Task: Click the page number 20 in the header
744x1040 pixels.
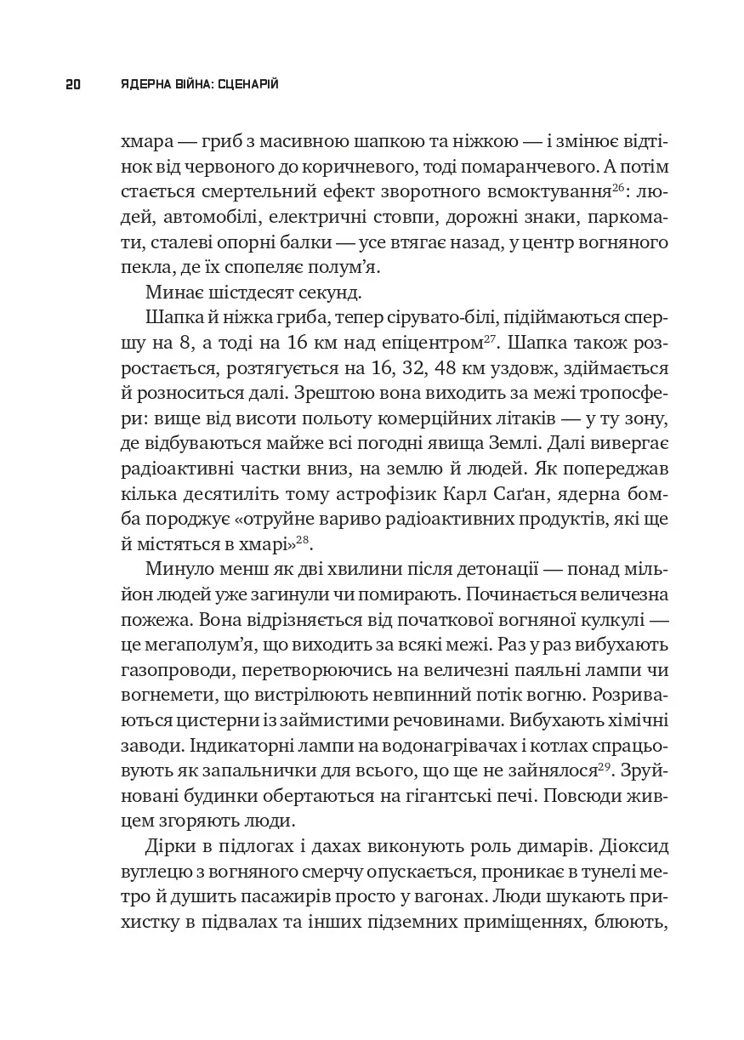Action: coord(72,84)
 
